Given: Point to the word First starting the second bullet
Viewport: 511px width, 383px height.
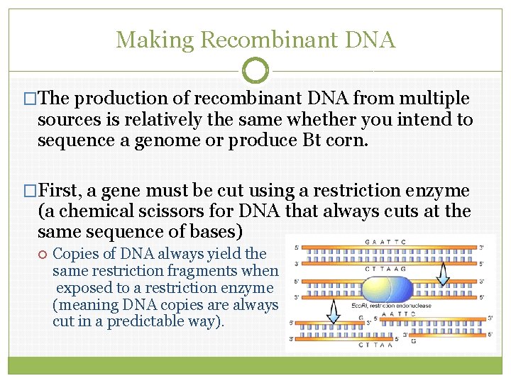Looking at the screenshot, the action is [x=61, y=191].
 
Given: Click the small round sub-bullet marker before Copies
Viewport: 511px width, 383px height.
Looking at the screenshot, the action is [x=43, y=254].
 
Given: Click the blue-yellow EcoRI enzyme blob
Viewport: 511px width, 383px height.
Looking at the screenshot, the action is [x=386, y=290].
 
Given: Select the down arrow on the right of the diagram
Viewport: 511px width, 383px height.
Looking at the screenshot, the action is [x=443, y=270].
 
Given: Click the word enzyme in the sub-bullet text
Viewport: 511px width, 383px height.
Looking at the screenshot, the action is [x=250, y=287].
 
